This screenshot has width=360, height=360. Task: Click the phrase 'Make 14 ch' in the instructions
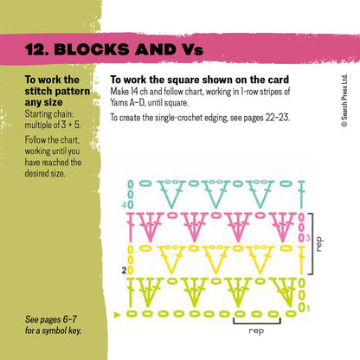pos(132,93)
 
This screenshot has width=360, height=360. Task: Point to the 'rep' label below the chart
pos(256,330)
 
